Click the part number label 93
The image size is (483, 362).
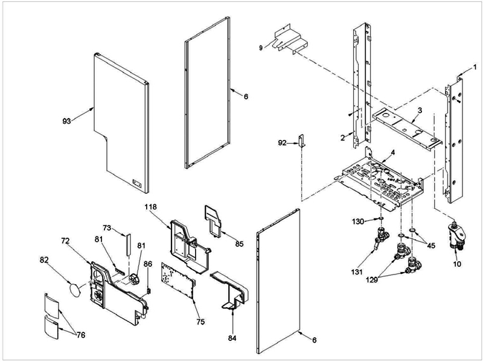pyautogui.click(x=66, y=121)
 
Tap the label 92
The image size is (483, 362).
pyautogui.click(x=281, y=143)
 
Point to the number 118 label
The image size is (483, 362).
pyautogui.click(x=150, y=206)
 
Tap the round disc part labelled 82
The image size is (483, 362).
pyautogui.click(x=75, y=290)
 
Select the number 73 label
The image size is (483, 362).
pyautogui.click(x=106, y=228)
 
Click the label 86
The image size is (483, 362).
pyautogui.click(x=148, y=264)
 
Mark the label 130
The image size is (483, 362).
pyautogui.click(x=358, y=222)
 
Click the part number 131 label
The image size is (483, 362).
pyautogui.click(x=358, y=272)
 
